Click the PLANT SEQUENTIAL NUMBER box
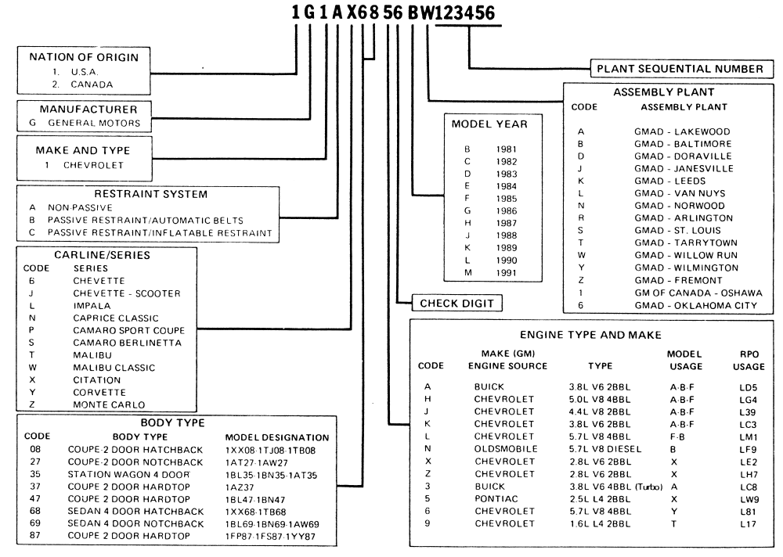(x=678, y=69)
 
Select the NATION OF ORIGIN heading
(x=83, y=57)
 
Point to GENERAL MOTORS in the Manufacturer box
(x=98, y=123)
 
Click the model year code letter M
(x=467, y=271)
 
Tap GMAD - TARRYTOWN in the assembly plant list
(x=681, y=243)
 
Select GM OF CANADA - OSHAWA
(x=689, y=293)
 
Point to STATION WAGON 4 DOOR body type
(x=128, y=474)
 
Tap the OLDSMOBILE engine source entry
(x=506, y=449)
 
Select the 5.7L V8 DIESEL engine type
(x=605, y=449)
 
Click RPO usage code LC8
(x=749, y=487)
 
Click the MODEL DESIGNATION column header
(x=276, y=437)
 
